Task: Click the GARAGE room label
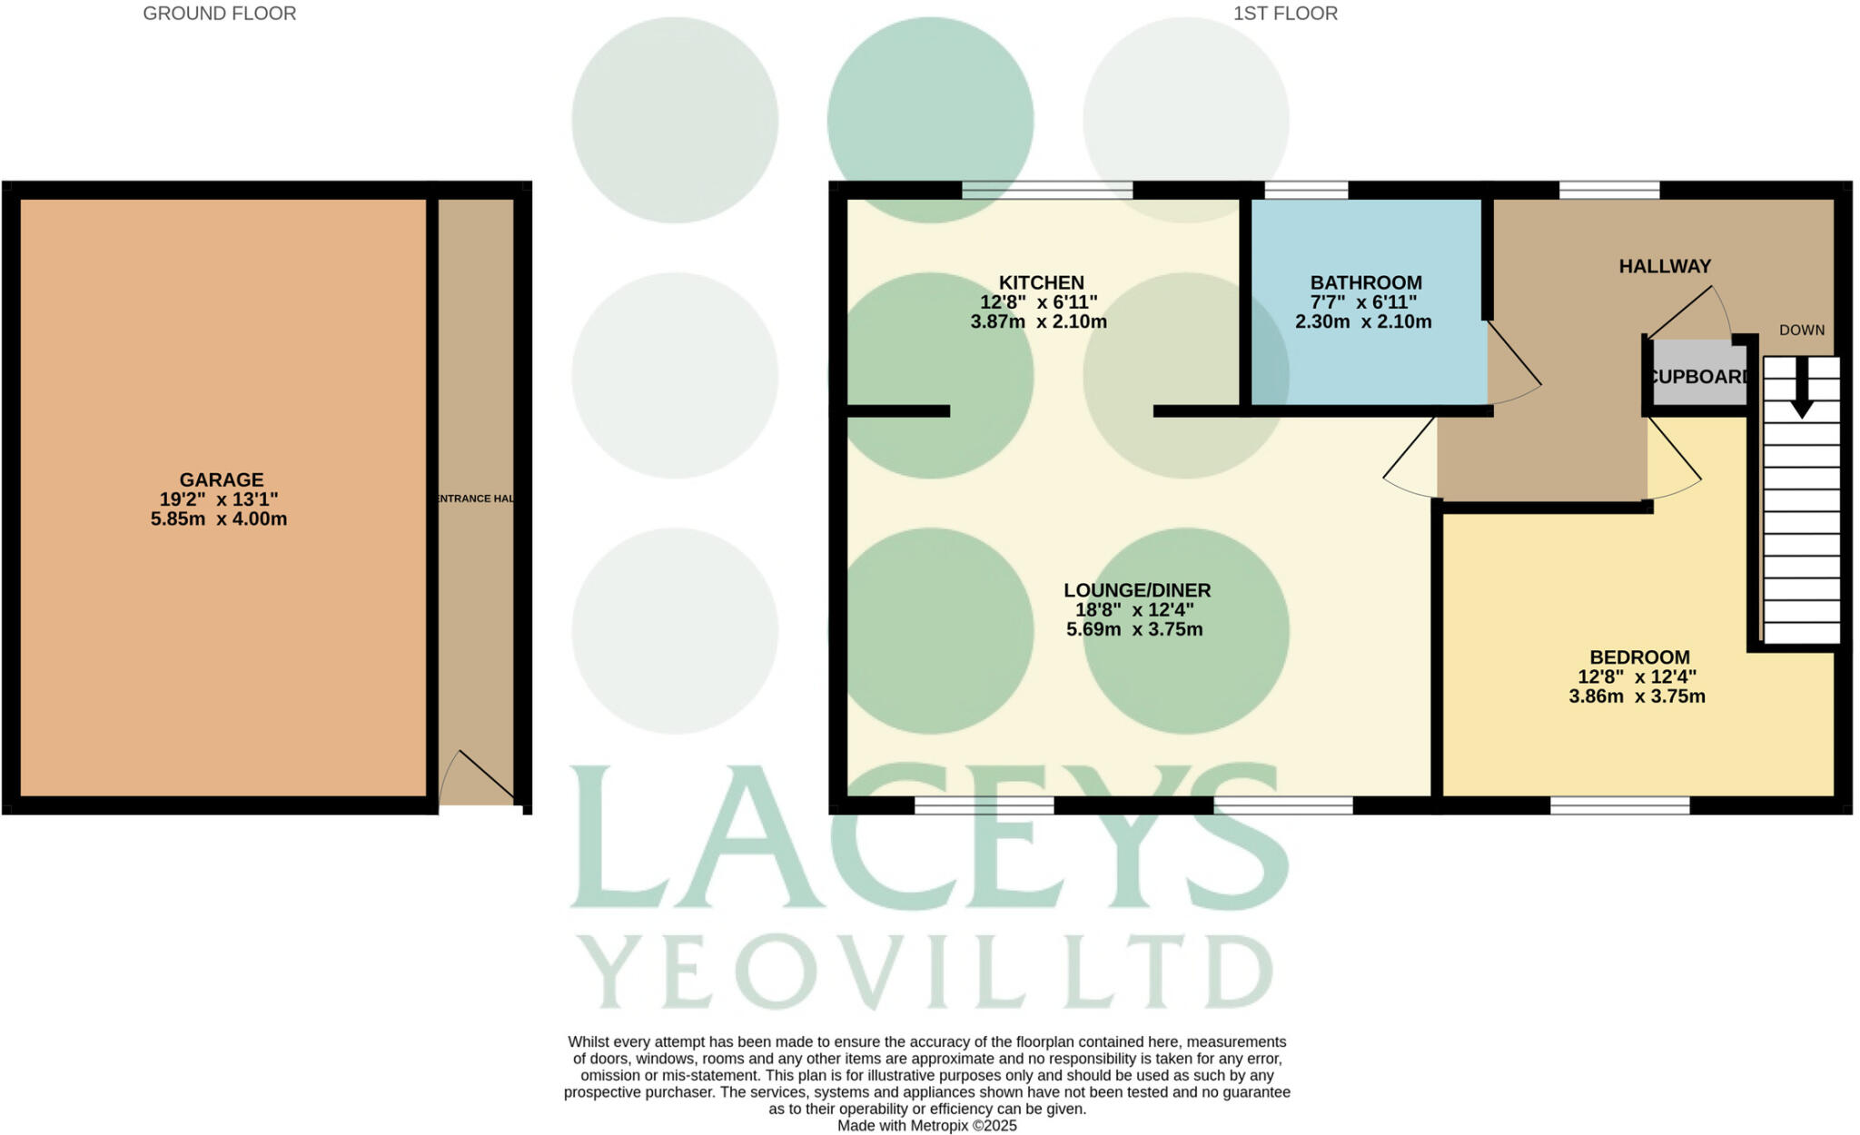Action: click(x=221, y=479)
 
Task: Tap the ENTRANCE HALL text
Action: click(x=476, y=498)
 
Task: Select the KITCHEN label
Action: click(x=1041, y=282)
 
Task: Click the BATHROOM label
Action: click(x=1365, y=282)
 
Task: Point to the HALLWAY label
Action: click(x=1664, y=266)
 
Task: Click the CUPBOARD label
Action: click(x=1697, y=377)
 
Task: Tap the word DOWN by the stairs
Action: click(x=1801, y=331)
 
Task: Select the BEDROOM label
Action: click(x=1638, y=656)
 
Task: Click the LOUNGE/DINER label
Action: click(x=1136, y=590)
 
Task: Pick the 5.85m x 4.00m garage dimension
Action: click(x=219, y=519)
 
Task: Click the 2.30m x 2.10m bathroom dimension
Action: click(x=1362, y=321)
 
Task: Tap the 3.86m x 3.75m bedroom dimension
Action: click(x=1637, y=696)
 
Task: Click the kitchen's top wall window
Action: click(x=1047, y=190)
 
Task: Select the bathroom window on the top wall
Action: click(x=1305, y=190)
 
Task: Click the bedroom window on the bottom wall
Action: click(x=1619, y=804)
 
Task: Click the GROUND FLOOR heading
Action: click(x=219, y=14)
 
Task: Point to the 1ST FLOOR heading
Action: click(x=1284, y=14)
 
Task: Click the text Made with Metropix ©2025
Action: click(x=926, y=1126)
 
